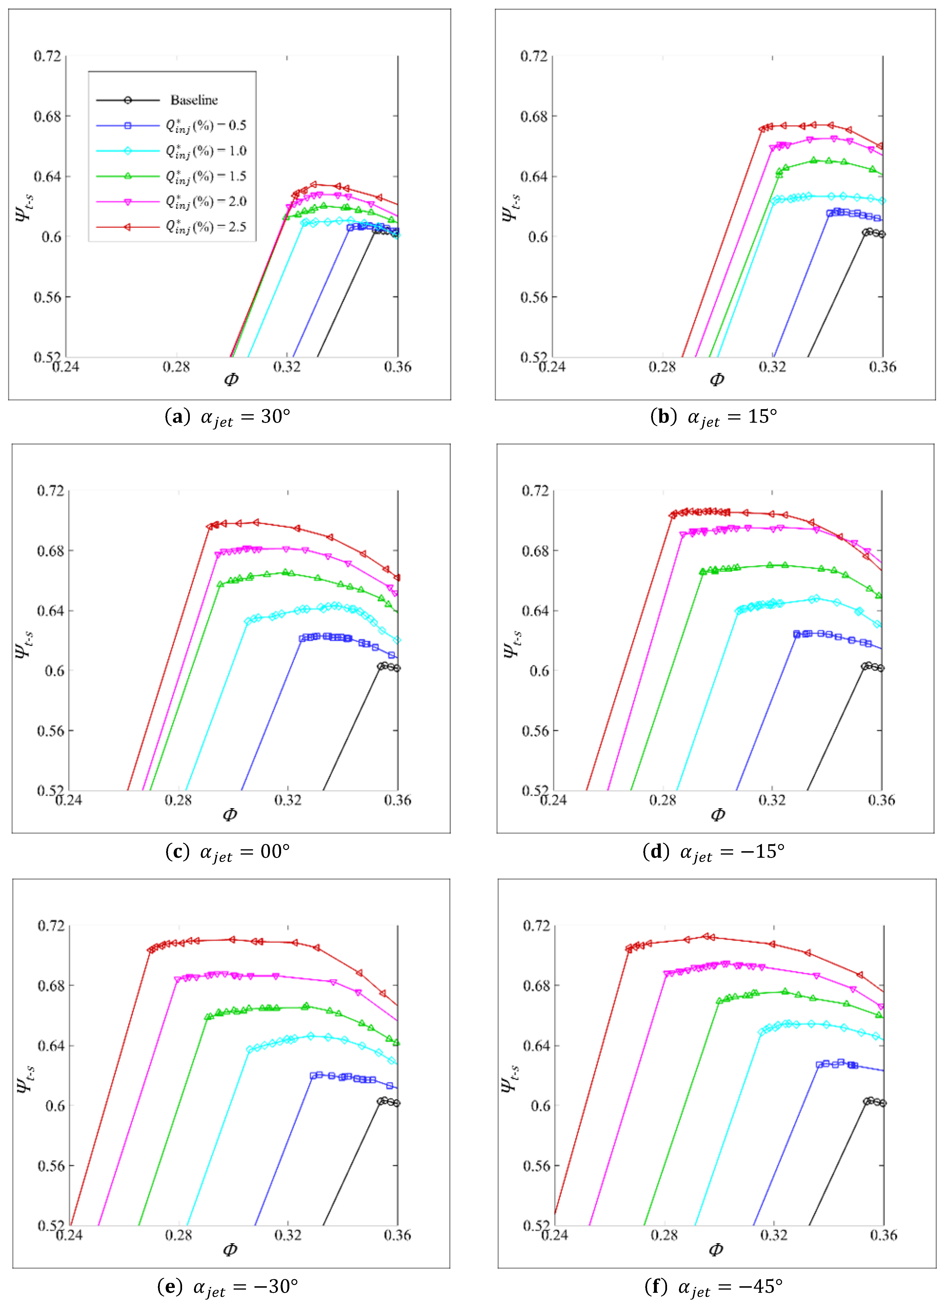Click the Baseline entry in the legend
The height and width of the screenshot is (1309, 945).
pyautogui.click(x=193, y=100)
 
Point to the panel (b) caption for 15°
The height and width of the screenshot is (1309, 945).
pyautogui.click(x=714, y=417)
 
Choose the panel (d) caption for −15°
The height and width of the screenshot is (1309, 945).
pyautogui.click(x=714, y=852)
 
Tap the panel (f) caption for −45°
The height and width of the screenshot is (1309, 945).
pyautogui.click(x=714, y=1286)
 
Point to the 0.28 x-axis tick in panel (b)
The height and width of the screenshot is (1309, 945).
pyautogui.click(x=661, y=367)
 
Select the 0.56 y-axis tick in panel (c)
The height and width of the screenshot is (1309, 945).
pyautogui.click(x=50, y=731)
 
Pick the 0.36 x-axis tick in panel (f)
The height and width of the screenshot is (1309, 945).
pyautogui.click(x=883, y=1235)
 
